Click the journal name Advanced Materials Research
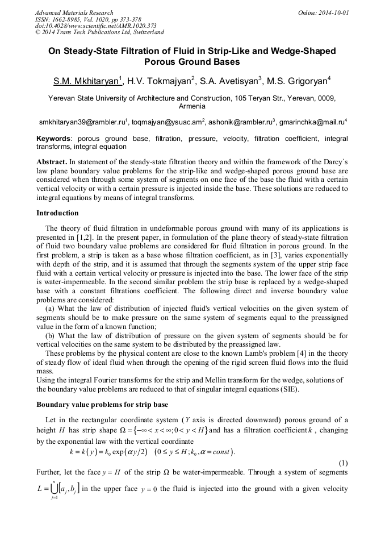click(x=74, y=13)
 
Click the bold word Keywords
click(x=54, y=139)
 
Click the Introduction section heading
click(x=57, y=213)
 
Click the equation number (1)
click(x=342, y=463)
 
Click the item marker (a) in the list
click(x=50, y=309)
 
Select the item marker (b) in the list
click(x=50, y=335)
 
